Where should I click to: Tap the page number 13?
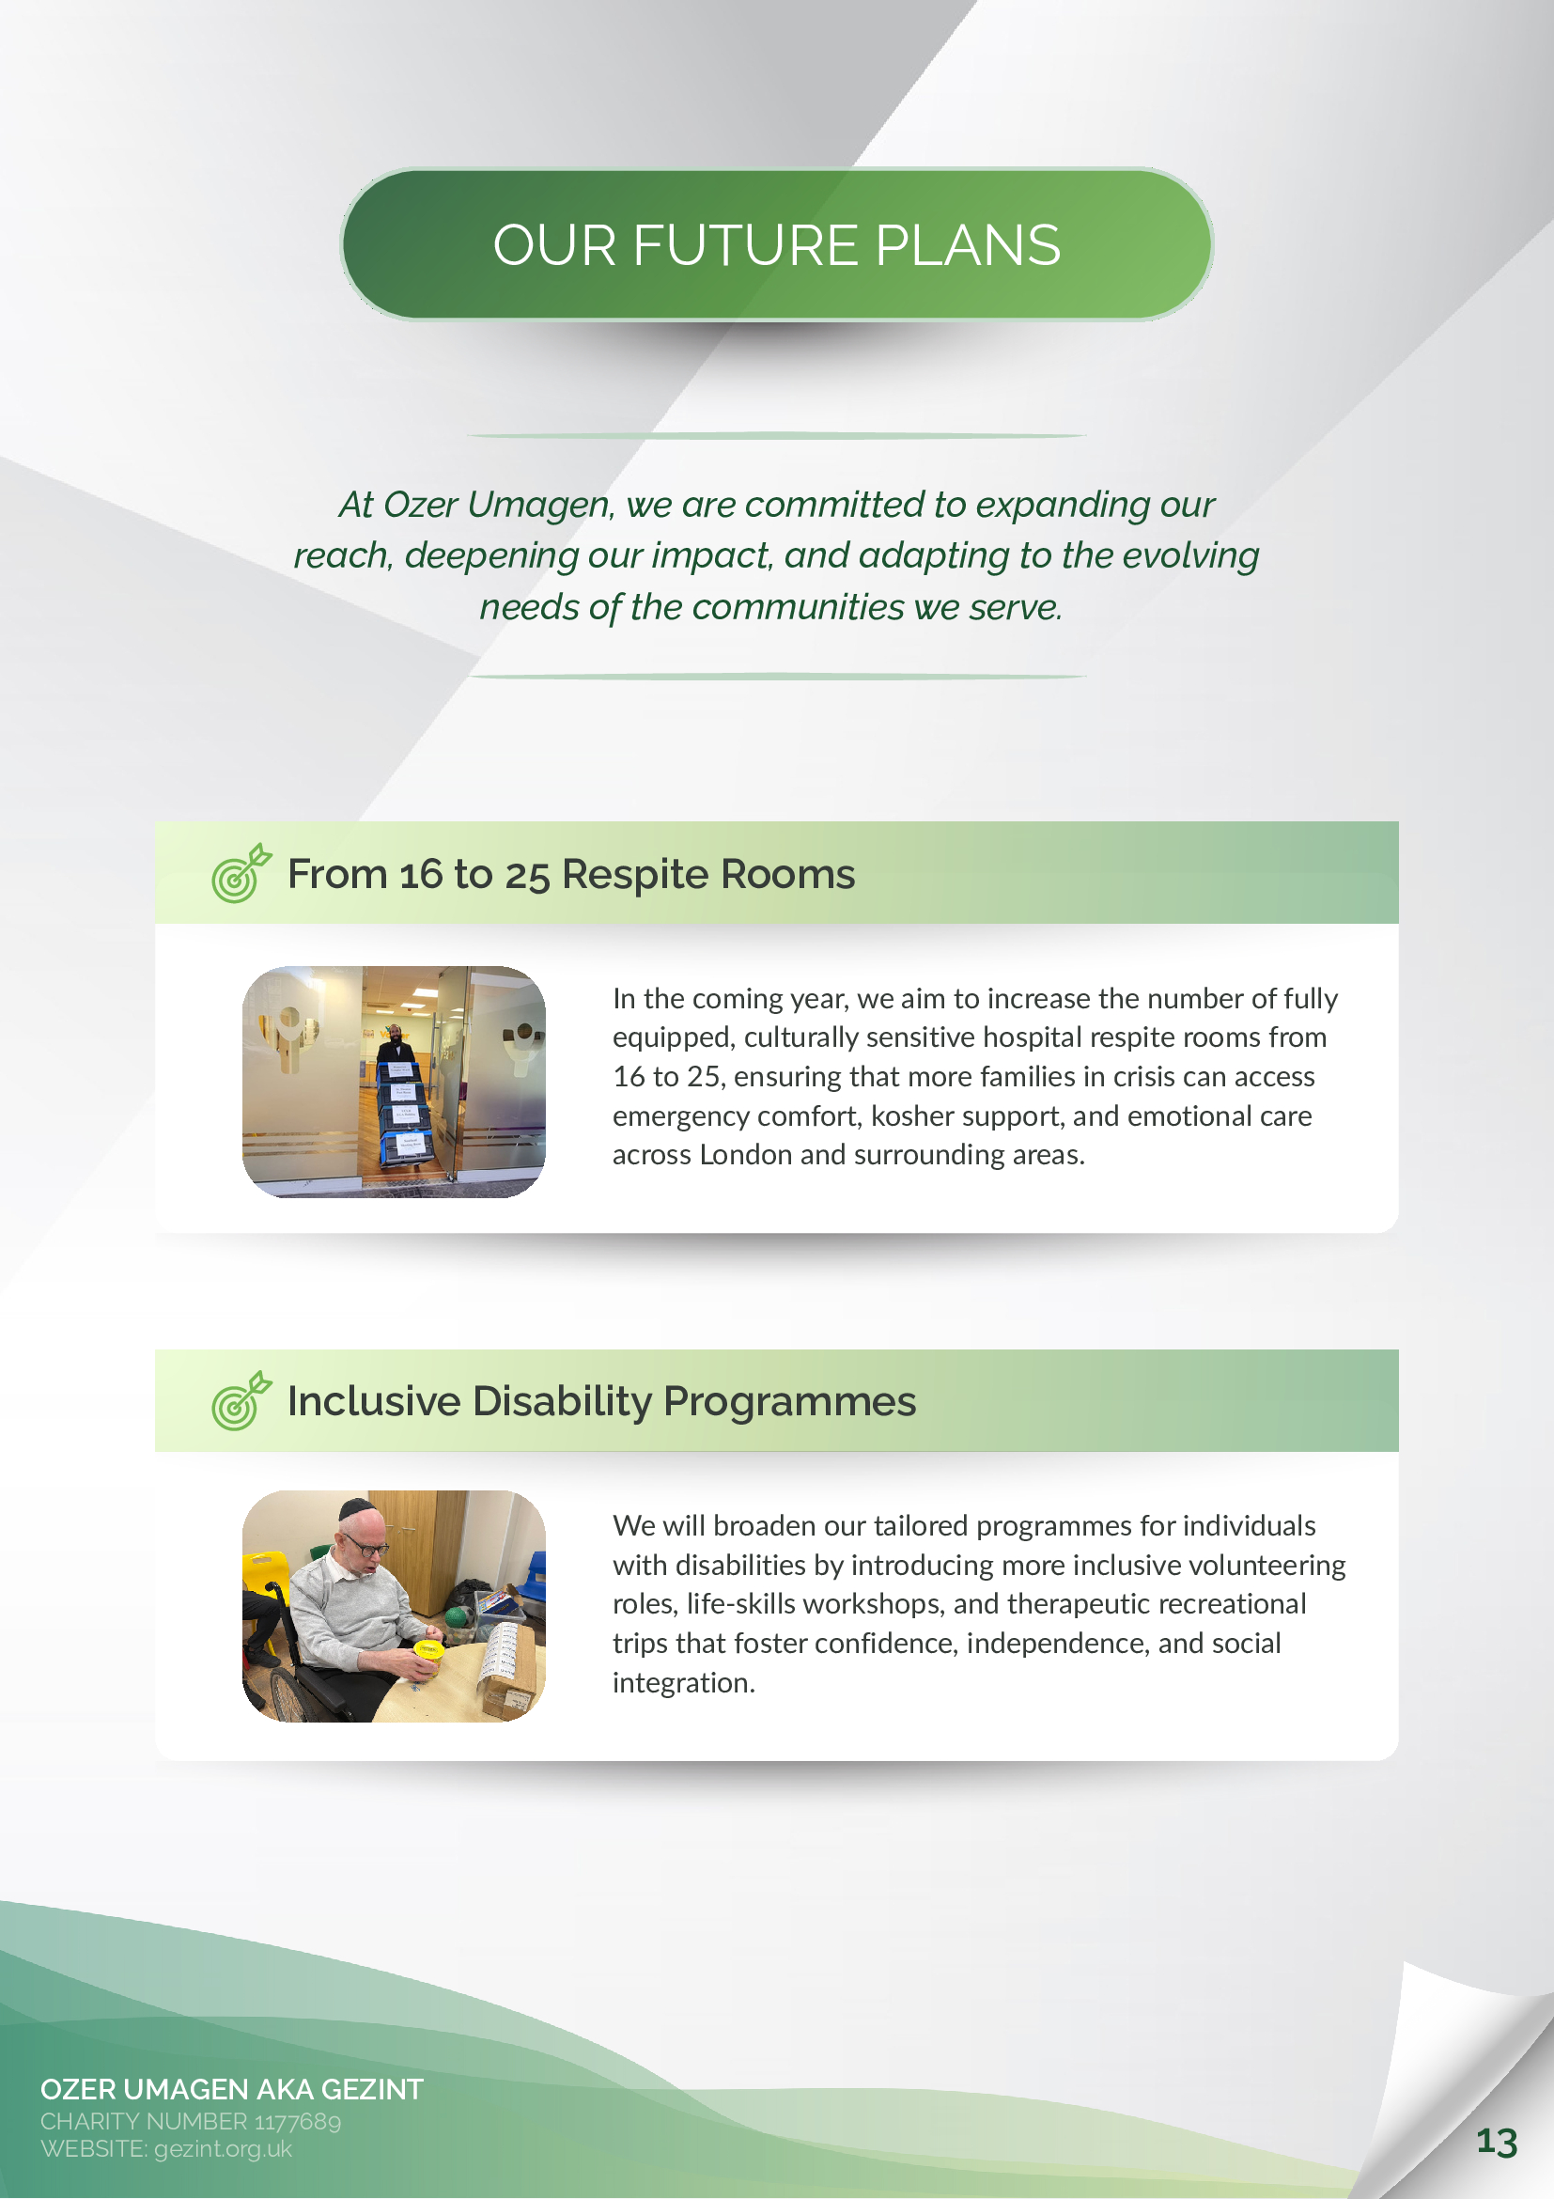click(1497, 2142)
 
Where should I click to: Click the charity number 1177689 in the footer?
click(297, 2121)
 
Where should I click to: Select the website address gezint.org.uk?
click(223, 2148)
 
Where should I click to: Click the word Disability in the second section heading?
click(562, 1402)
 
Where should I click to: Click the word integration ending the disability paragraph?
click(684, 1683)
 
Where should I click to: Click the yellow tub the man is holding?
click(427, 1649)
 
